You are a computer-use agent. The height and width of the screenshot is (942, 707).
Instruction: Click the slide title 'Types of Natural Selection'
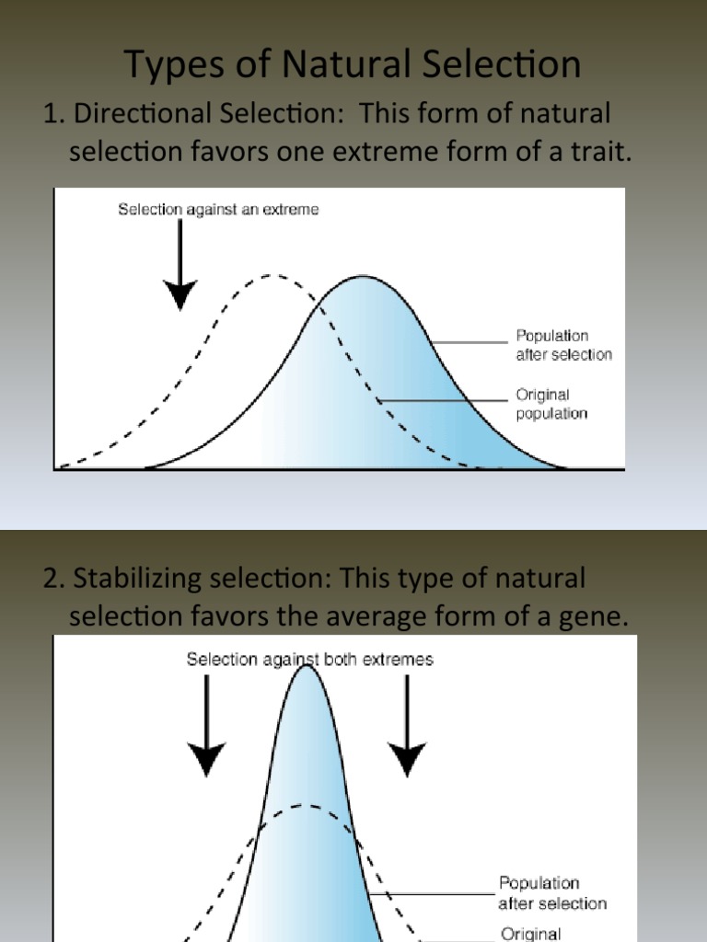coord(353,64)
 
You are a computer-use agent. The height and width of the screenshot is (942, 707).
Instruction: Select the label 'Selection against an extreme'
coord(218,210)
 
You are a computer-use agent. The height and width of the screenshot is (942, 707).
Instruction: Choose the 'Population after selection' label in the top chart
coord(563,345)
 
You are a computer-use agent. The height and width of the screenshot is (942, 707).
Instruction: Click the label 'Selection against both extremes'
coord(309,660)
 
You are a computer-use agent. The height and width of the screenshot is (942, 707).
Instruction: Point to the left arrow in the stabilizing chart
coord(208,727)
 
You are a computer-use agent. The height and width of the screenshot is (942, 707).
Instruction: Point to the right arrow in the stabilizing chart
coord(407,727)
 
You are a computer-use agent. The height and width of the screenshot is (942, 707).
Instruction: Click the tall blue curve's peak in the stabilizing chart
coord(307,666)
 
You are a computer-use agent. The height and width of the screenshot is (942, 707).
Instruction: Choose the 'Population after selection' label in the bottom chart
coord(552,893)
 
